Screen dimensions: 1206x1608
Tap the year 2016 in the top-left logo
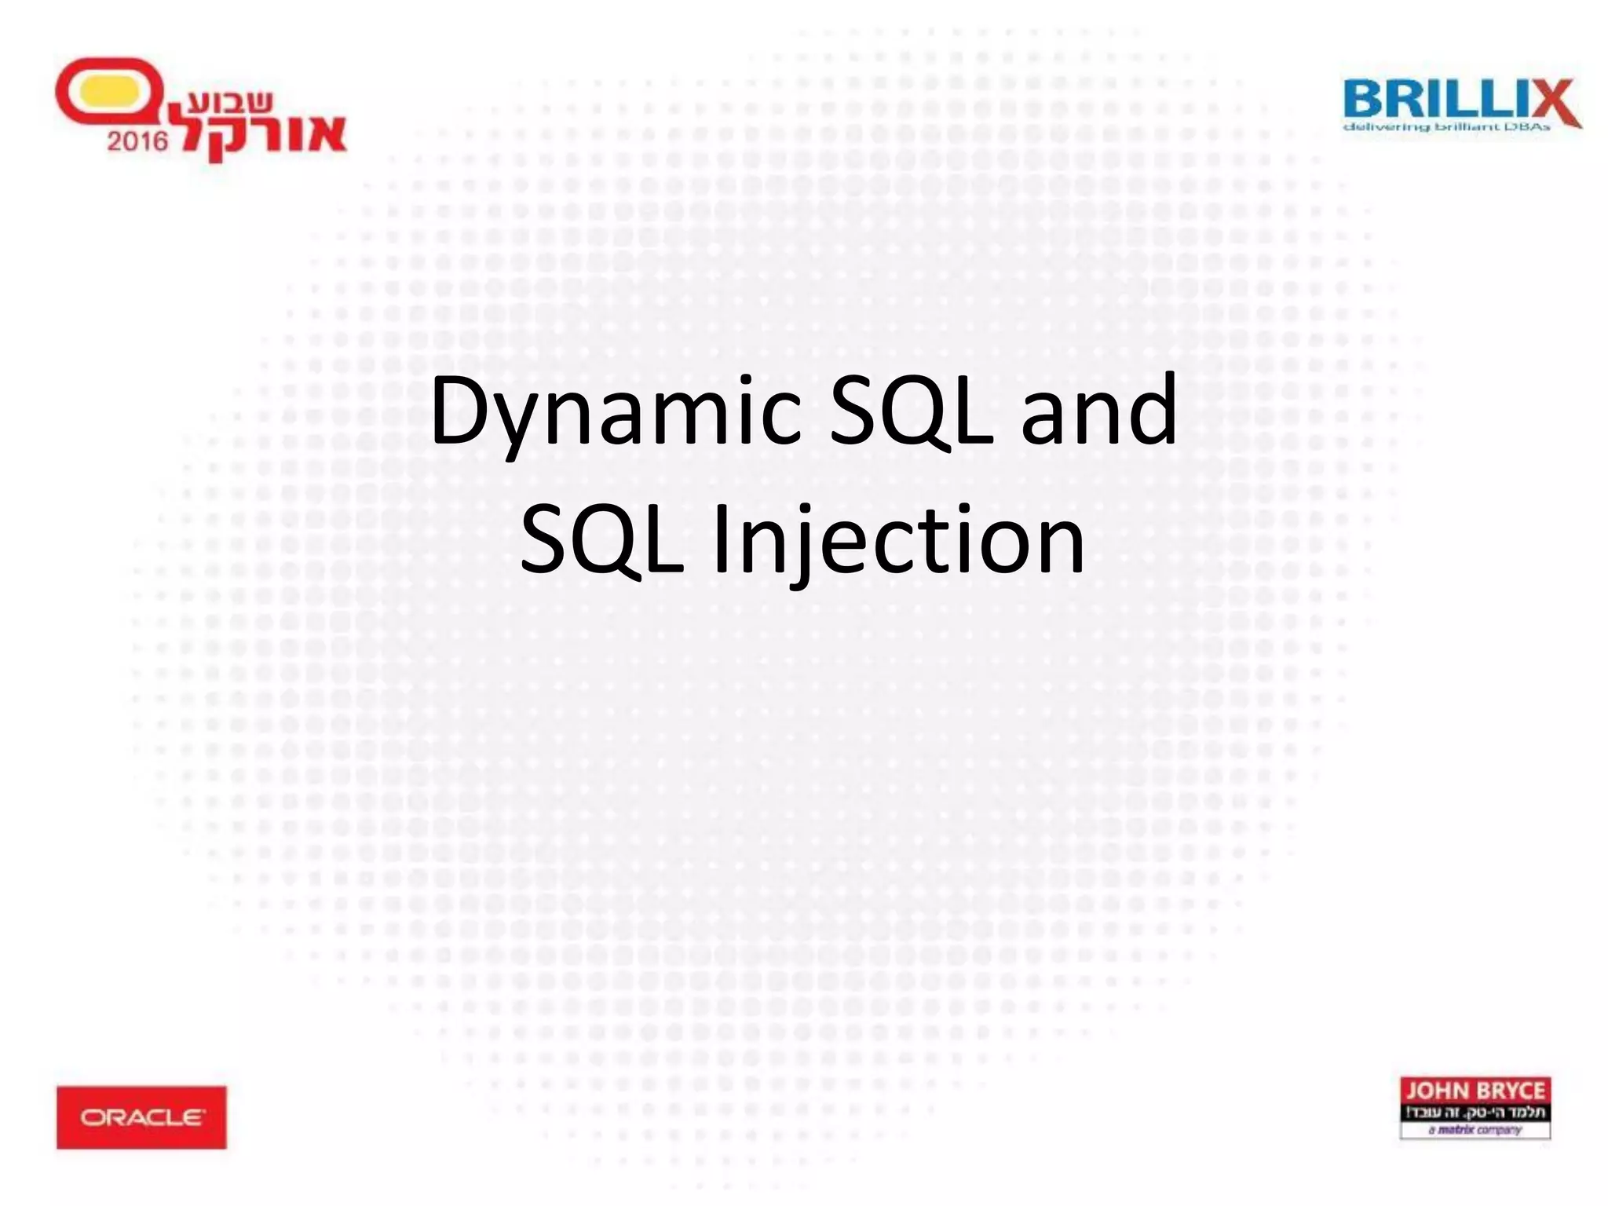[137, 141]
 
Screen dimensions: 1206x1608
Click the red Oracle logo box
[141, 1117]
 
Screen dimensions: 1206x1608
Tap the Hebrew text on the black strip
[1475, 1112]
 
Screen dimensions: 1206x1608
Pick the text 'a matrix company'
[1475, 1130]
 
